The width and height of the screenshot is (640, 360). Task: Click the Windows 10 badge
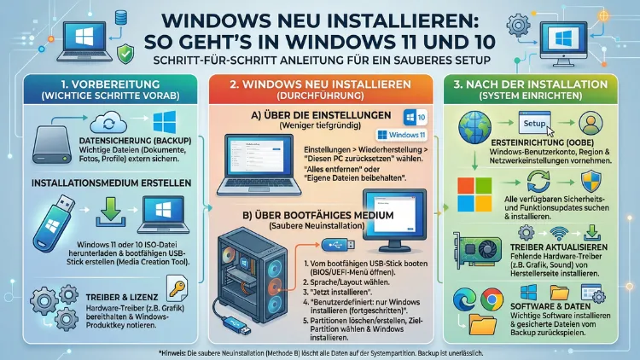pyautogui.click(x=408, y=118)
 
